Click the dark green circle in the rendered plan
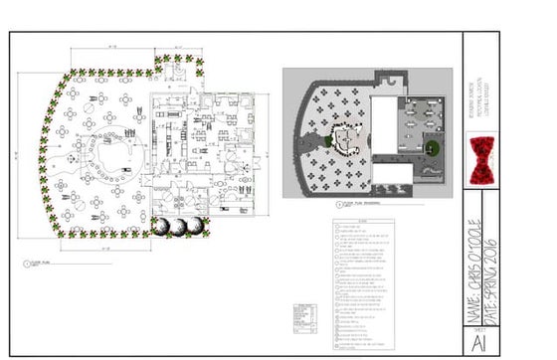point(431,150)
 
